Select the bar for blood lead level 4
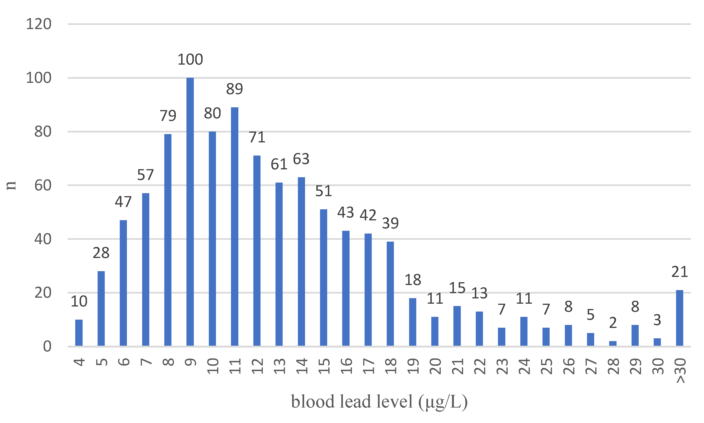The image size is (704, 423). pos(79,333)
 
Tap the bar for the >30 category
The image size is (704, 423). pos(680,318)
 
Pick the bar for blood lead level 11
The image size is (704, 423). pos(235,227)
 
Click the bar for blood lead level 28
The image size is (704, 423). pos(613,343)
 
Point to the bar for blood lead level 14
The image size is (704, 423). pos(301,262)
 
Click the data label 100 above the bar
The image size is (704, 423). pos(190,60)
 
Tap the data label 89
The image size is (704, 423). pos(235,89)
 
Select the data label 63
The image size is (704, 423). pos(301,159)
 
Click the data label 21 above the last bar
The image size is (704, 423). pos(680,272)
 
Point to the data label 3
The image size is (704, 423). pos(657,320)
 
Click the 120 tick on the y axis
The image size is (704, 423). pos(39,24)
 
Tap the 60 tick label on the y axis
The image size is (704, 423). pos(43,186)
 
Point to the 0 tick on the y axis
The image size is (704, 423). pos(47,347)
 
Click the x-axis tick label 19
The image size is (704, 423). pos(413,366)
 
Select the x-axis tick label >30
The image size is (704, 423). pos(680,371)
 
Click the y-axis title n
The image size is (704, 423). pos(11,186)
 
